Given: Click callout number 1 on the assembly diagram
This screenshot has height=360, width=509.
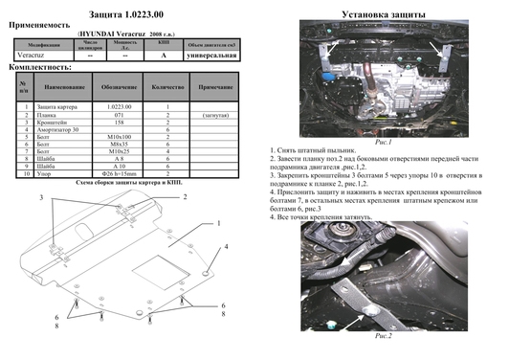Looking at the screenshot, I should [x=218, y=222].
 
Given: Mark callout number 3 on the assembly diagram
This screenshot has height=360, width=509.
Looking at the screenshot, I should [x=41, y=197].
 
